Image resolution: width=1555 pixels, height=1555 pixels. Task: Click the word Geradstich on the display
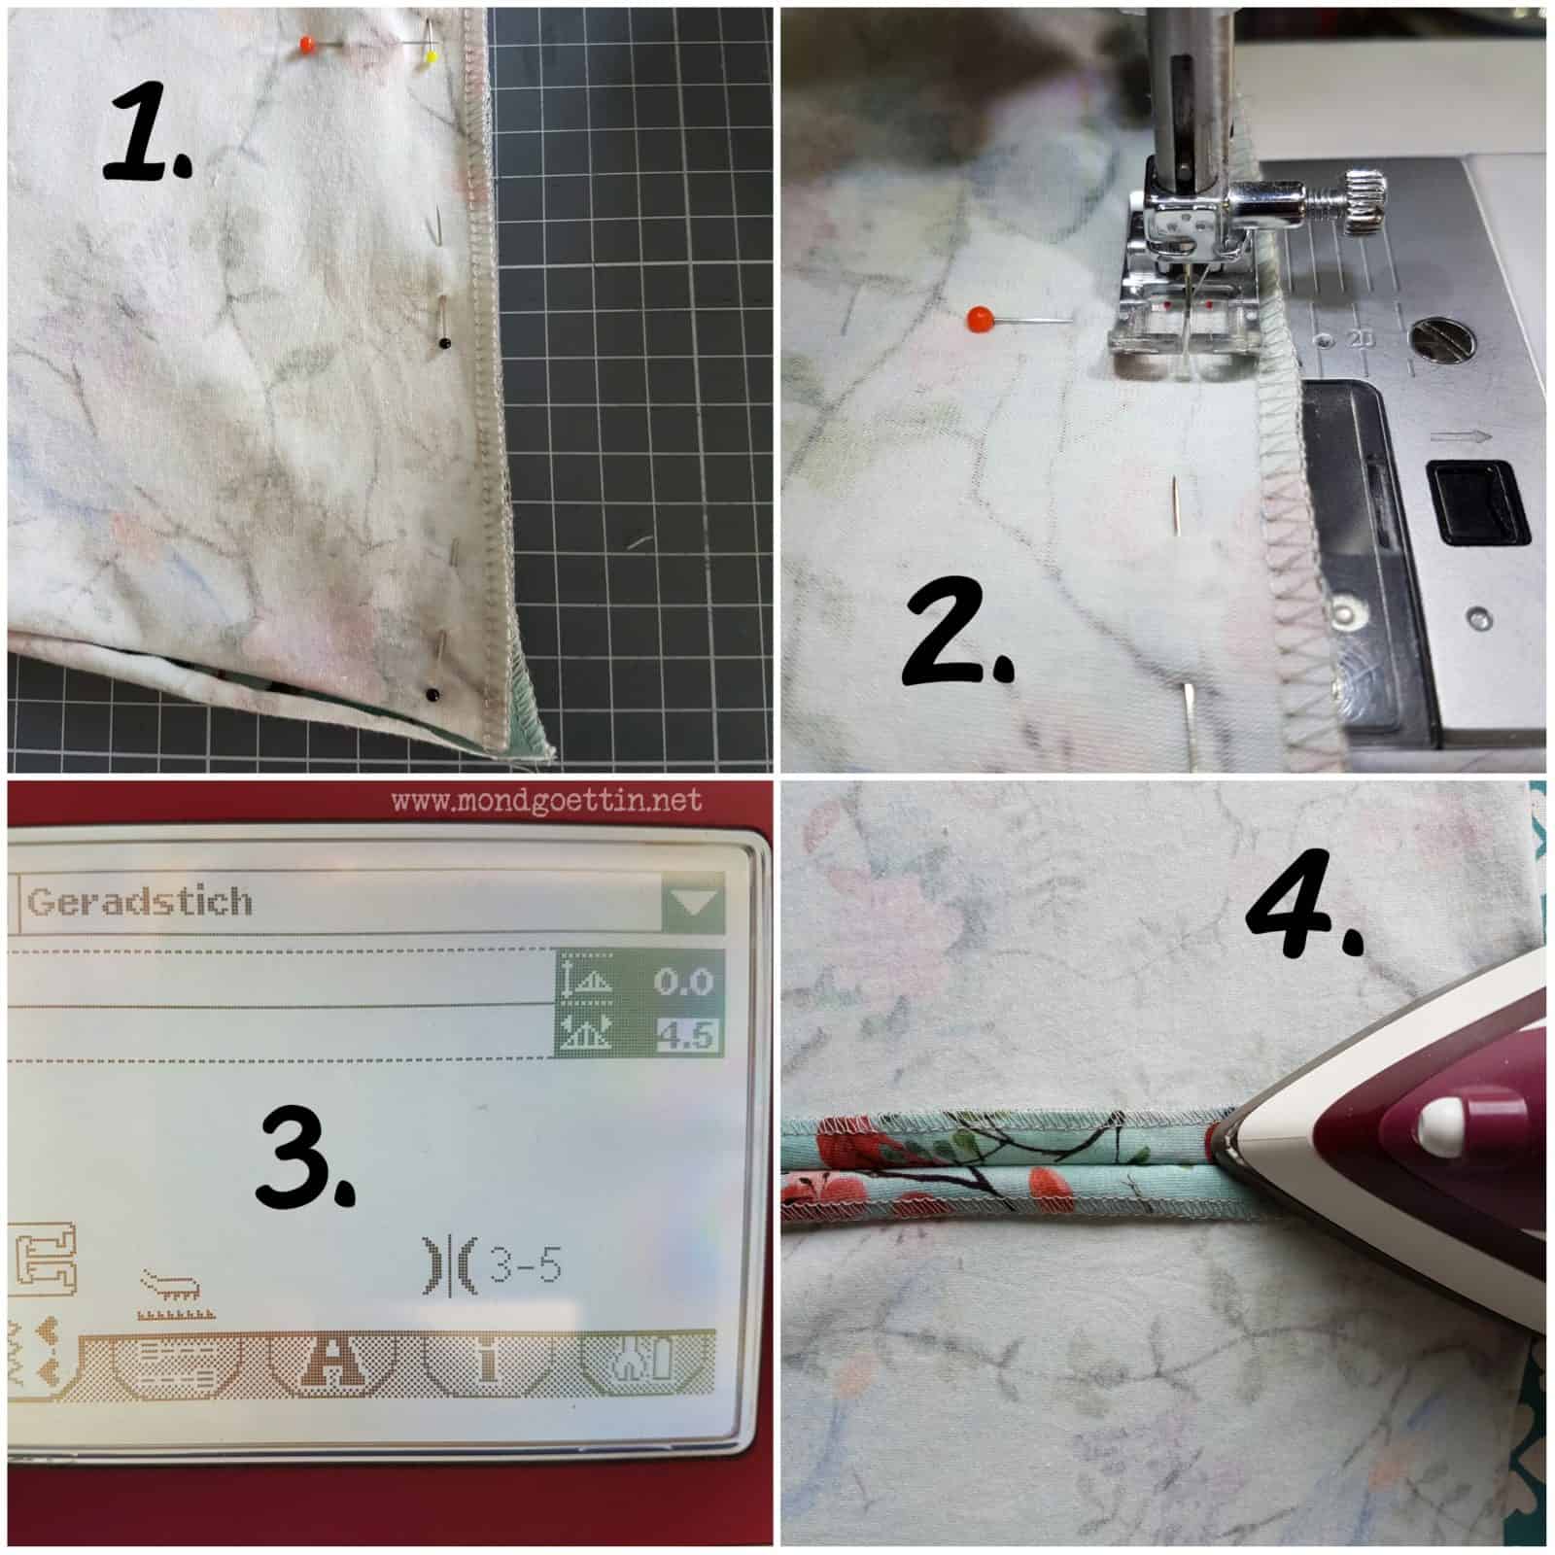[140, 902]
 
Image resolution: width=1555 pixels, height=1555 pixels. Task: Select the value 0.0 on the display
[683, 982]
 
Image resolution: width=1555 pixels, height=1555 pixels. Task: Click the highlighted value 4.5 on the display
[685, 1035]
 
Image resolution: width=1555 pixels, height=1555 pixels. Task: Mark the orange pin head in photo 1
[307, 44]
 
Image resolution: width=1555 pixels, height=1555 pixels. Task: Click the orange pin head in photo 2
[980, 317]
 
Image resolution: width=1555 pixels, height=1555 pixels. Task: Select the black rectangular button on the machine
[1475, 503]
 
